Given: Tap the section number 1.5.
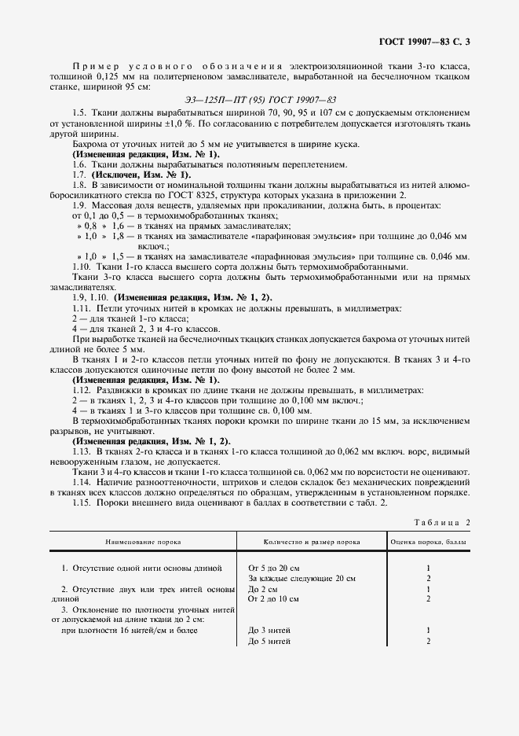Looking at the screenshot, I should (79, 113).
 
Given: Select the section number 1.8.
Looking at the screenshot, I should (79, 185).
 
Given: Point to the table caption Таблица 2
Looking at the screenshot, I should (441, 522).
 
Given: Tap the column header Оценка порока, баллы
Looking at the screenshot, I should (429, 543).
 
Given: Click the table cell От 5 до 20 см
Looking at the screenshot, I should (274, 567).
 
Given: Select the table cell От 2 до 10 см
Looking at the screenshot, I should (273, 599).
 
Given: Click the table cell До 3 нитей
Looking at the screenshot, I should (269, 631).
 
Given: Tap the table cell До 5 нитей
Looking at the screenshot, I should (269, 642).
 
